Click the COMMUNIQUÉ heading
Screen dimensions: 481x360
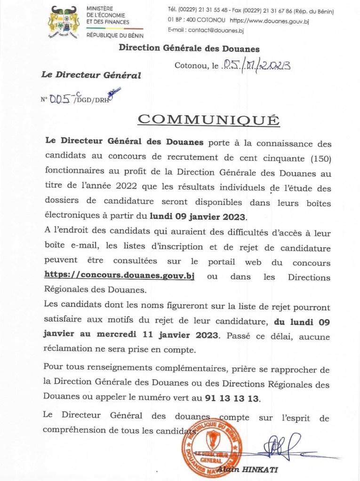tap(208, 120)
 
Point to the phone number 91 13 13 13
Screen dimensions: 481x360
tap(232, 398)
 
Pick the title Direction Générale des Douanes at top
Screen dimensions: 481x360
tap(189, 48)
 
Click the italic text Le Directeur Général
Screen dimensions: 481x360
tap(91, 75)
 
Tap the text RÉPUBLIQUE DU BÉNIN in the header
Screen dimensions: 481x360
tap(115, 35)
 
